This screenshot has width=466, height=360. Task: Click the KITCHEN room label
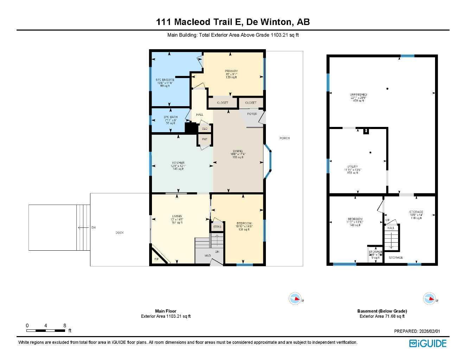point(178,163)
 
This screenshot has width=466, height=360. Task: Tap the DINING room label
point(238,151)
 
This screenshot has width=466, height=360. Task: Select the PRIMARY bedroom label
point(231,71)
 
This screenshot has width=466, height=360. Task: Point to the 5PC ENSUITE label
point(165,80)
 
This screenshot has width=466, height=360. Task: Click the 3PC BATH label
point(170,117)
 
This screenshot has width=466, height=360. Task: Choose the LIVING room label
point(177,216)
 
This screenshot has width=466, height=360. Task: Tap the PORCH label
point(285,138)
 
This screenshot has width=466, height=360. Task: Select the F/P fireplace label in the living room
point(157,259)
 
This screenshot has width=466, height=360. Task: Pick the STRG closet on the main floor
point(217,227)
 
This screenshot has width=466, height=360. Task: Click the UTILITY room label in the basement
point(353,167)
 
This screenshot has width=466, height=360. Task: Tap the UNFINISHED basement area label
point(358,95)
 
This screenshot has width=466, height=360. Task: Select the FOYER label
point(252,114)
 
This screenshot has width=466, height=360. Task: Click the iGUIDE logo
point(428,343)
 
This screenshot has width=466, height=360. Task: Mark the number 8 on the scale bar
point(65,326)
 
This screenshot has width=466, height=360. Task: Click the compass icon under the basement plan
point(429,298)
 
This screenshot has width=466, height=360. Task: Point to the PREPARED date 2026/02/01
point(417,331)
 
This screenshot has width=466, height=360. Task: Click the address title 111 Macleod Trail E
point(200,22)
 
